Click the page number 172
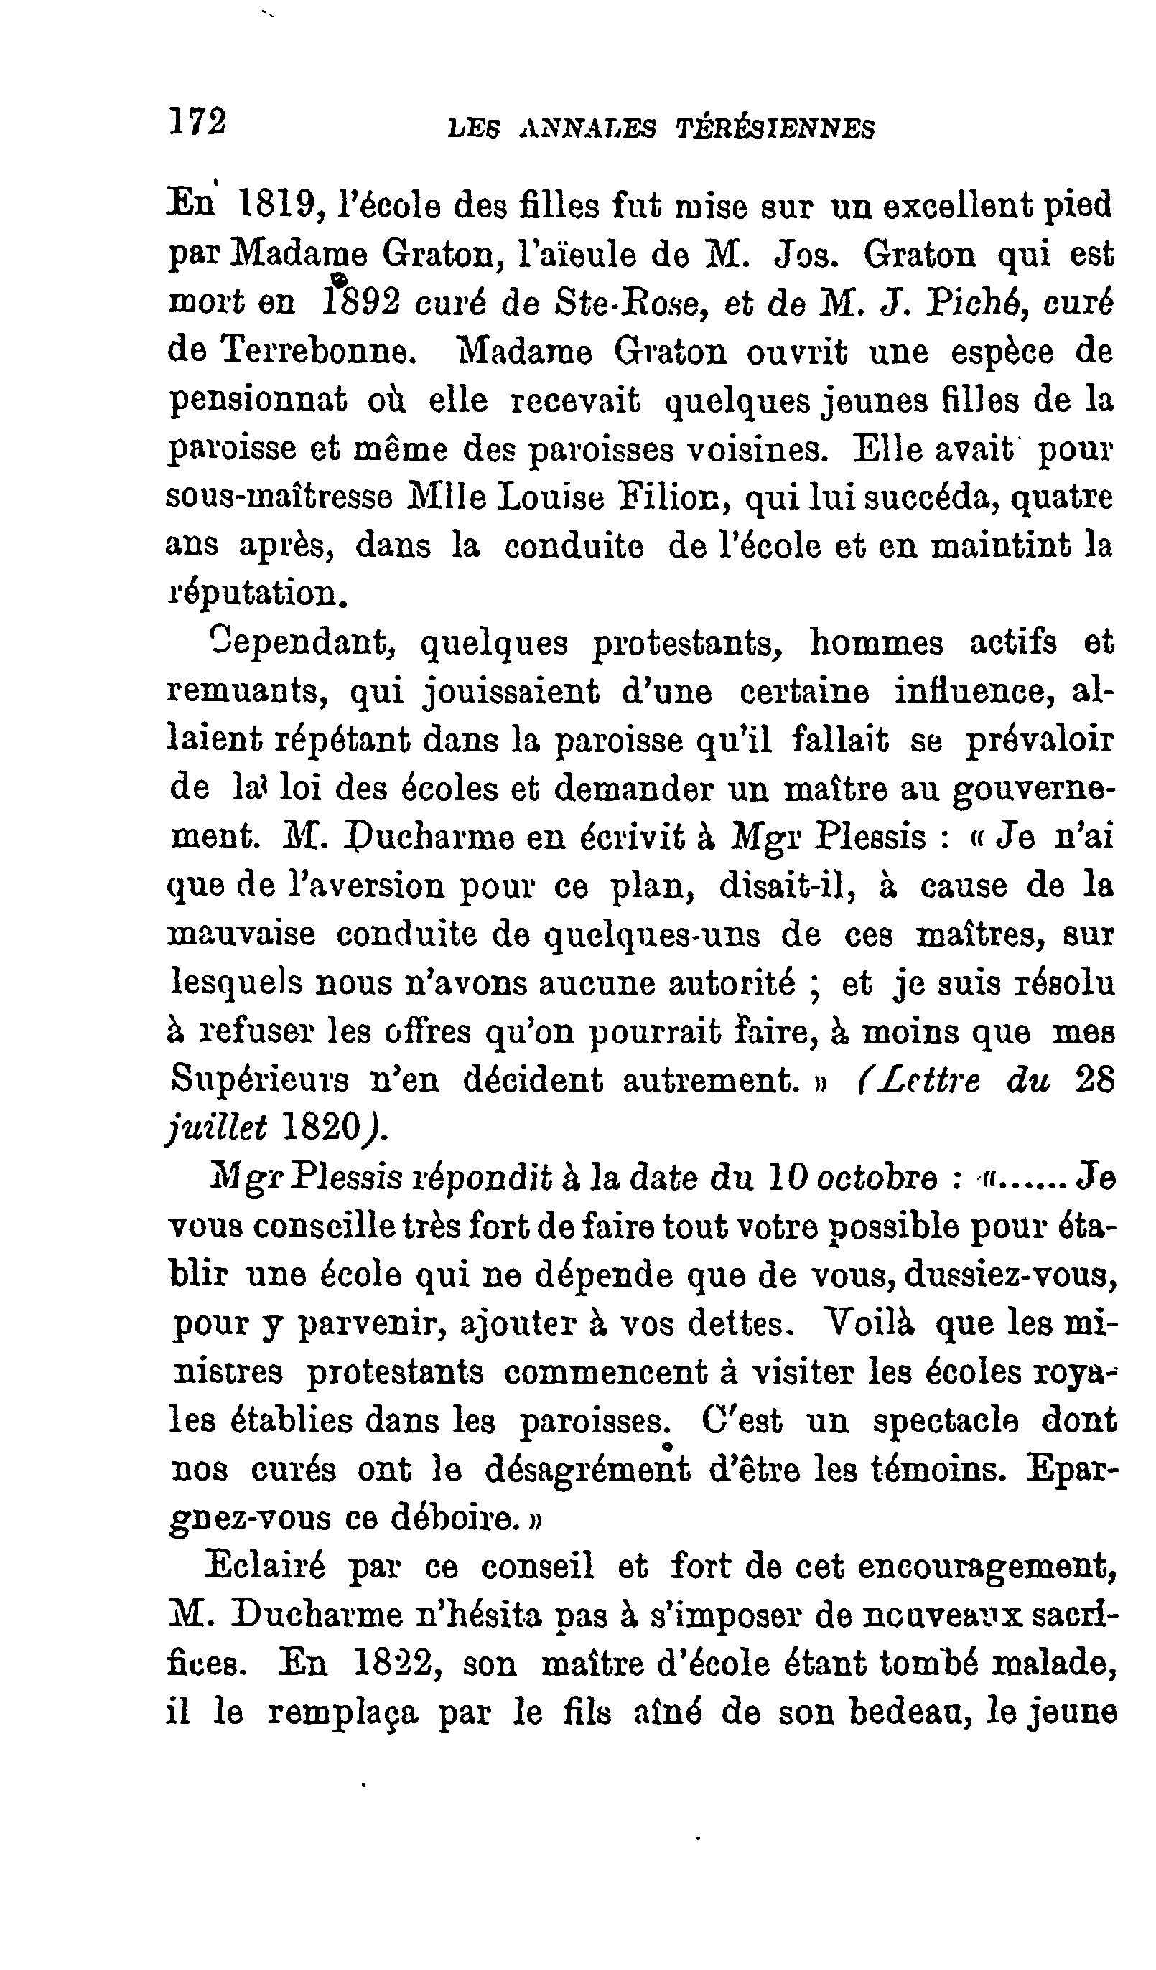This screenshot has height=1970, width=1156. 199,123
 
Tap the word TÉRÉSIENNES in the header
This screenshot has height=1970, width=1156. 775,129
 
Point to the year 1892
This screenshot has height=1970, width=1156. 360,304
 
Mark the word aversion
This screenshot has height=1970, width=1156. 352,886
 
